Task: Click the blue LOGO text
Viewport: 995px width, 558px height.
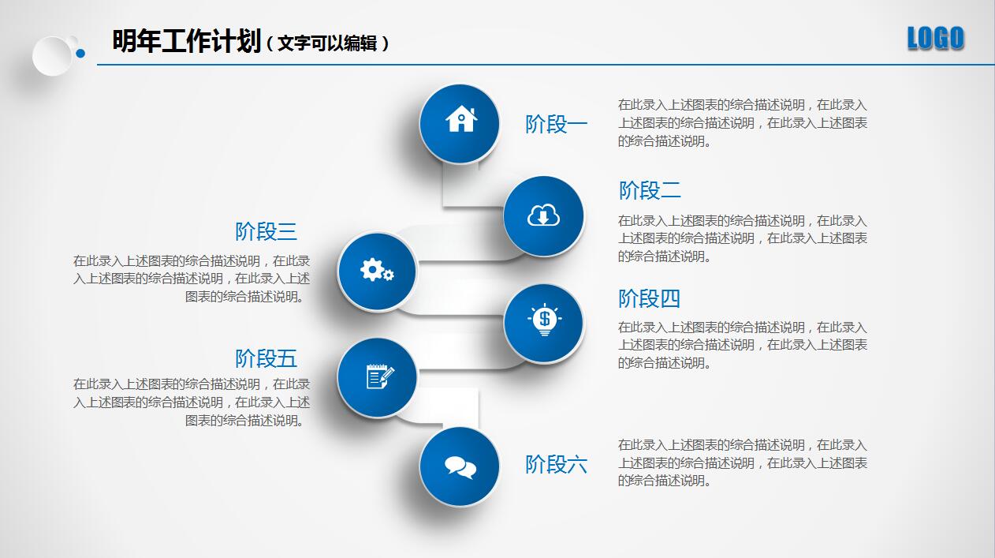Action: tap(935, 38)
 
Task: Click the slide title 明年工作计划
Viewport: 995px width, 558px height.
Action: tap(186, 41)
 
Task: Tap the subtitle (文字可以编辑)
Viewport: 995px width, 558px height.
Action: tap(327, 43)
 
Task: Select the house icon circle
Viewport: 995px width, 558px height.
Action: tap(460, 123)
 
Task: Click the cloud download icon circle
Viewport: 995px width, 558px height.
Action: tap(543, 215)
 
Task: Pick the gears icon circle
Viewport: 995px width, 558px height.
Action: tap(377, 271)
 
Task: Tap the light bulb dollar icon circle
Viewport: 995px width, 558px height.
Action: tap(543, 322)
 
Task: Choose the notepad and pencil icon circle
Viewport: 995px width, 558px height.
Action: tap(377, 378)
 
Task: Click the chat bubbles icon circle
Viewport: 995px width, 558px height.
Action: tap(460, 466)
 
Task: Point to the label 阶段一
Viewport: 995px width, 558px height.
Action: tap(557, 124)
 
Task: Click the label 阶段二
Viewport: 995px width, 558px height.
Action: tap(650, 190)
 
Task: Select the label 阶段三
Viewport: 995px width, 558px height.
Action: tap(266, 231)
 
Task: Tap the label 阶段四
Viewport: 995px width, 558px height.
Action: tap(649, 298)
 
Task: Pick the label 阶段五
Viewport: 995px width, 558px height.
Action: tap(266, 358)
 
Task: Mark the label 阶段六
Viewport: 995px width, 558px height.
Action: tap(557, 464)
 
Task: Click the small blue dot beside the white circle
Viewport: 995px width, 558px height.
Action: tap(80, 53)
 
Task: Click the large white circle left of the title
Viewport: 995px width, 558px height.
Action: tap(52, 55)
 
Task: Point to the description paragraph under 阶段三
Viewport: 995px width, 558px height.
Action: tap(192, 279)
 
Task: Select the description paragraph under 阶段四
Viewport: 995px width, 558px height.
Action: tap(742, 345)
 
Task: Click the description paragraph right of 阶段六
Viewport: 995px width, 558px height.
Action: tap(742, 463)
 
